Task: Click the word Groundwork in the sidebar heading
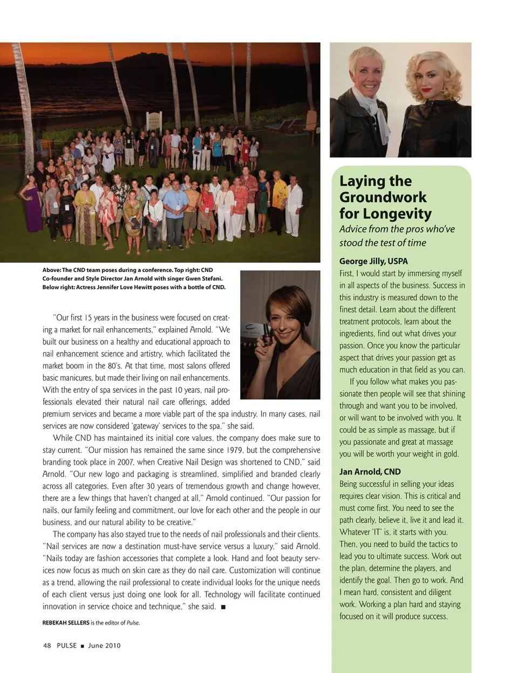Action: click(x=383, y=197)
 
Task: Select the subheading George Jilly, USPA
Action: click(x=373, y=261)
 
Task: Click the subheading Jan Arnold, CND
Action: click(x=370, y=471)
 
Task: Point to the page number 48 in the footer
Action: click(x=47, y=645)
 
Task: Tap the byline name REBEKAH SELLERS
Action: click(x=66, y=622)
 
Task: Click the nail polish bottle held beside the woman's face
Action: click(x=266, y=334)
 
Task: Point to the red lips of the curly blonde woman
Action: click(x=426, y=90)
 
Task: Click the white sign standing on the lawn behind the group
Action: click(x=154, y=120)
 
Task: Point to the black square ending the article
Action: click(x=223, y=607)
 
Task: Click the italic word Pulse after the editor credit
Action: click(x=133, y=622)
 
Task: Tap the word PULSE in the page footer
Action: click(x=67, y=645)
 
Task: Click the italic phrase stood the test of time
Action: click(x=383, y=243)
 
